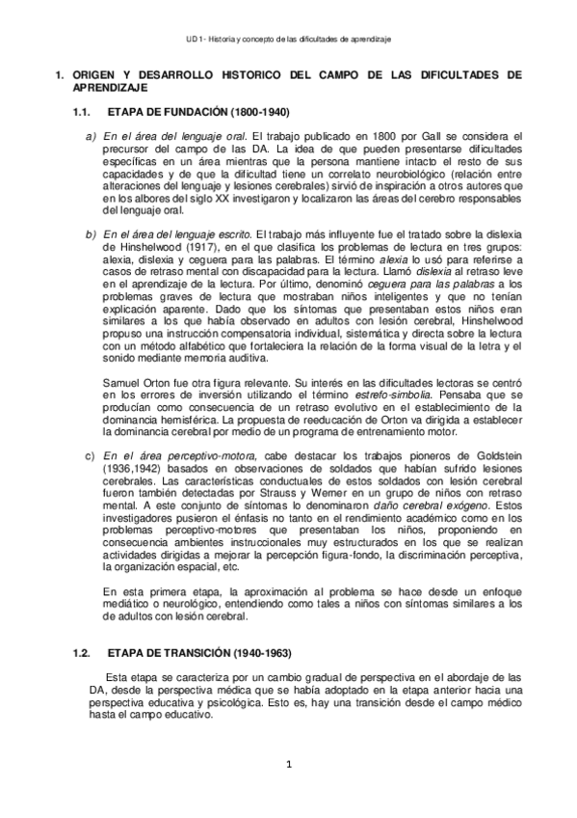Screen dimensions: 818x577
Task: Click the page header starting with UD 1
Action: coord(287,39)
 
